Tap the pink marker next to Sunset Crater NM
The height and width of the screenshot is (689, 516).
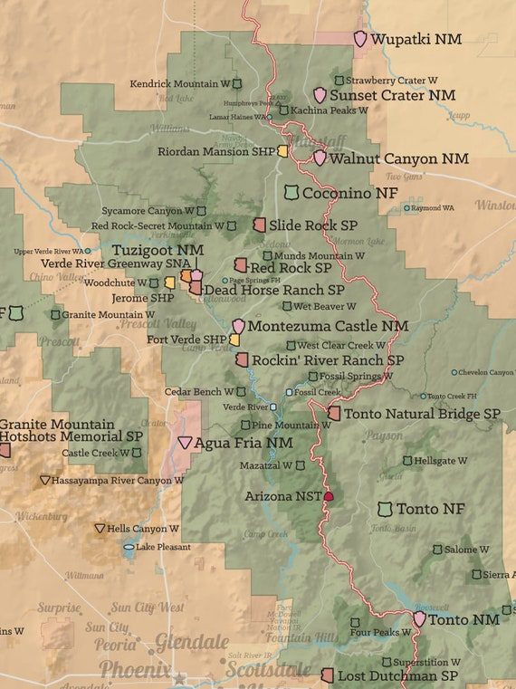[x=320, y=95]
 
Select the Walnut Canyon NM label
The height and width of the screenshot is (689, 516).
[x=399, y=158]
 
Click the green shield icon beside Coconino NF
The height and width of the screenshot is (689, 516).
[x=291, y=193]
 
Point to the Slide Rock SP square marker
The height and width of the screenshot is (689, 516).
[x=259, y=225]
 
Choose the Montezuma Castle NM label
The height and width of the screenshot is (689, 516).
[x=328, y=326]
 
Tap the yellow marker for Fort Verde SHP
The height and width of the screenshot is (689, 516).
[x=234, y=340]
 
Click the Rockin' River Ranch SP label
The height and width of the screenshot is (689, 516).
[x=329, y=359]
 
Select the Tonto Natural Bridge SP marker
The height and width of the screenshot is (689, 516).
[x=334, y=413]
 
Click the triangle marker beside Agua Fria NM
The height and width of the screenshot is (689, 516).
[x=185, y=443]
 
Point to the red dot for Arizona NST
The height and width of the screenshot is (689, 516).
[x=329, y=496]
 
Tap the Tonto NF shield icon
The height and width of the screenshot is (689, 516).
[x=386, y=510]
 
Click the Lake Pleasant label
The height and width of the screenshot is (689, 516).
[x=163, y=547]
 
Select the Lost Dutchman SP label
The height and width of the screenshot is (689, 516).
[x=397, y=675]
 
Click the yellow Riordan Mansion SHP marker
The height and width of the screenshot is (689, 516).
[x=282, y=152]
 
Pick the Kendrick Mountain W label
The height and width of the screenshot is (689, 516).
[x=179, y=83]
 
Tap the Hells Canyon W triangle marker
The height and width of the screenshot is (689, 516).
[x=100, y=528]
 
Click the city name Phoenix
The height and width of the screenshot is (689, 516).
[x=135, y=669]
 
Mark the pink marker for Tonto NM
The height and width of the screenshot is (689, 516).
[x=419, y=619]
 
